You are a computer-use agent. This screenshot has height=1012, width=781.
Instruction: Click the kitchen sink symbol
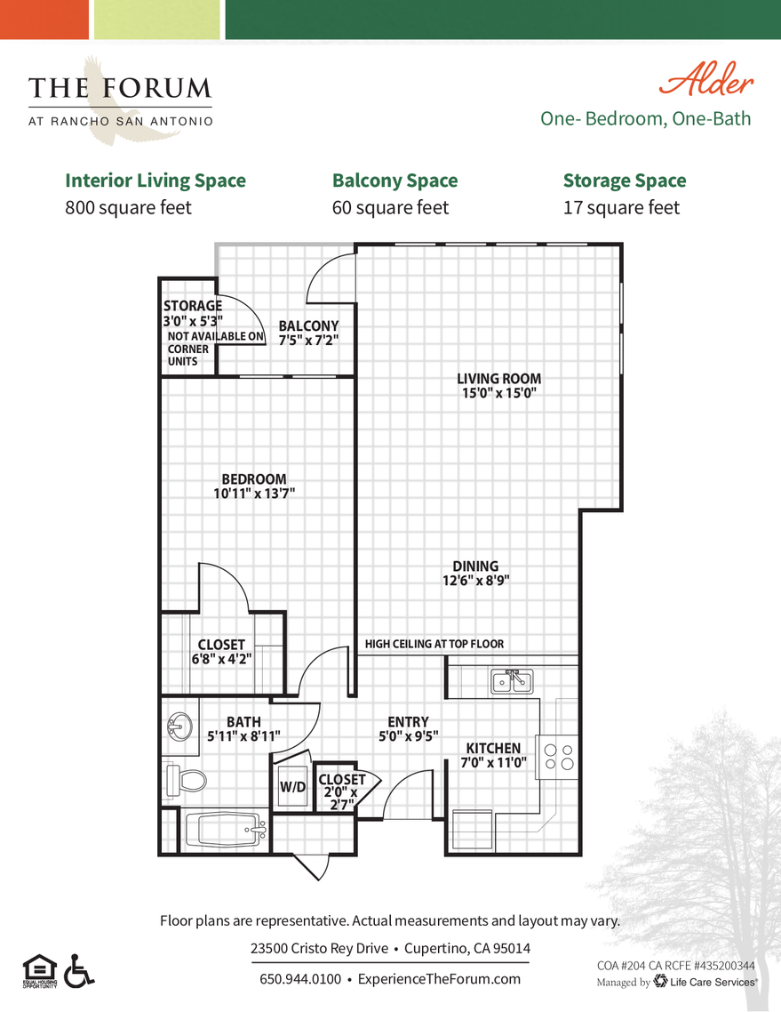coord(512,681)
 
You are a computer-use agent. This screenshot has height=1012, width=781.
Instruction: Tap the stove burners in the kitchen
coord(559,757)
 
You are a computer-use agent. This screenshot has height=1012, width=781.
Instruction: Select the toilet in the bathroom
coord(187,781)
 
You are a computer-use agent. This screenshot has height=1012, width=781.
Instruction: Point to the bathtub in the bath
coord(226,830)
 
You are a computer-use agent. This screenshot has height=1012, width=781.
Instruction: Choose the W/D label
coord(292,787)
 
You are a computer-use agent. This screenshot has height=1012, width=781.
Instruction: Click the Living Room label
coord(498,378)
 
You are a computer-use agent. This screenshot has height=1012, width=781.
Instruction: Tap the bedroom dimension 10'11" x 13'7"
coord(254,494)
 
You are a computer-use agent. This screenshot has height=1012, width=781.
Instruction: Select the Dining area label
coord(475,566)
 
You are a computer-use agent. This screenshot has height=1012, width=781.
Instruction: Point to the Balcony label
coord(308,326)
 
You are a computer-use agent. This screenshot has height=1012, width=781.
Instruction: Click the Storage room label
coord(192,305)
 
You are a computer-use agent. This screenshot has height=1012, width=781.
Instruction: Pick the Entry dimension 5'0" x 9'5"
coord(408,735)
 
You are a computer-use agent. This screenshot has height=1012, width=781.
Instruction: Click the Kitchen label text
coord(493,748)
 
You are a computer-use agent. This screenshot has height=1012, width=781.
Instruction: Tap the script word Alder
coord(706,80)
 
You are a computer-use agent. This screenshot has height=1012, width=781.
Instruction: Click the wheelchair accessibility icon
coord(79,970)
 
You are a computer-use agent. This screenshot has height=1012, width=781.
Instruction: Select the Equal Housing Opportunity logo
coord(40,971)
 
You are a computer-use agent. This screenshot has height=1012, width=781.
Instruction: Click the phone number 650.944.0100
coord(300,979)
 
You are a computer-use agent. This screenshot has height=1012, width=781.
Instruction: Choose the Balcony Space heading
coord(394,181)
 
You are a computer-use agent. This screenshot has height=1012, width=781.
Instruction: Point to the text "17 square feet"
coord(621,208)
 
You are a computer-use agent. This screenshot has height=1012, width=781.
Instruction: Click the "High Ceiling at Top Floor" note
coord(434,644)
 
